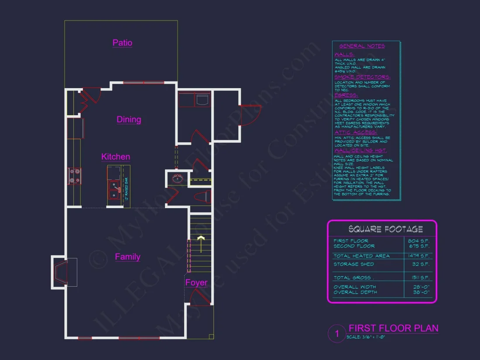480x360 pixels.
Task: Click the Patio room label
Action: (122, 43)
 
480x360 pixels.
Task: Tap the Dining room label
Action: (129, 120)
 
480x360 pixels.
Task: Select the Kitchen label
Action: (116, 157)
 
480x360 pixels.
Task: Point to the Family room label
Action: (127, 257)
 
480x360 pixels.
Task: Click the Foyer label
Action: (196, 283)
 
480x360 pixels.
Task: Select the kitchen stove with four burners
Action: (74, 176)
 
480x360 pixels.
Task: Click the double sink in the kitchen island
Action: (114, 190)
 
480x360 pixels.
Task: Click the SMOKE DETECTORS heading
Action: (362, 77)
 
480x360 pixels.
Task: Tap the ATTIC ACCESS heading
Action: (356, 132)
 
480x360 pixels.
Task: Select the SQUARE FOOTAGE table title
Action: (385, 229)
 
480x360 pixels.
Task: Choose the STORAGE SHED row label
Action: (353, 264)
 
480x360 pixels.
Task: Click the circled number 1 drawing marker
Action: (337, 334)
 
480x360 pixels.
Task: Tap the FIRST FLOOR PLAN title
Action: (394, 329)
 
